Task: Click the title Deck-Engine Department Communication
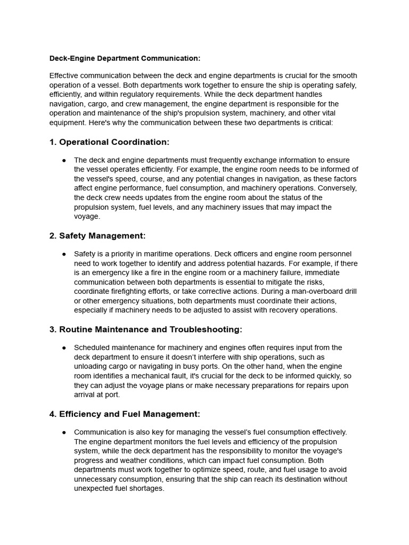coord(125,58)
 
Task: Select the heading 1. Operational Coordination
coord(109,142)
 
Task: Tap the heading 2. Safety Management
coord(97,236)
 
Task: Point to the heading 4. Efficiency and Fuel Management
coord(125,414)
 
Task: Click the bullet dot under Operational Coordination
coord(64,160)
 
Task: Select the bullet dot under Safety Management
coord(64,254)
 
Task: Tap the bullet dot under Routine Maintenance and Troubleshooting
coord(64,348)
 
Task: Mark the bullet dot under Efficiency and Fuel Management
coord(64,432)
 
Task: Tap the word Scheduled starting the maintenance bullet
coord(92,348)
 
